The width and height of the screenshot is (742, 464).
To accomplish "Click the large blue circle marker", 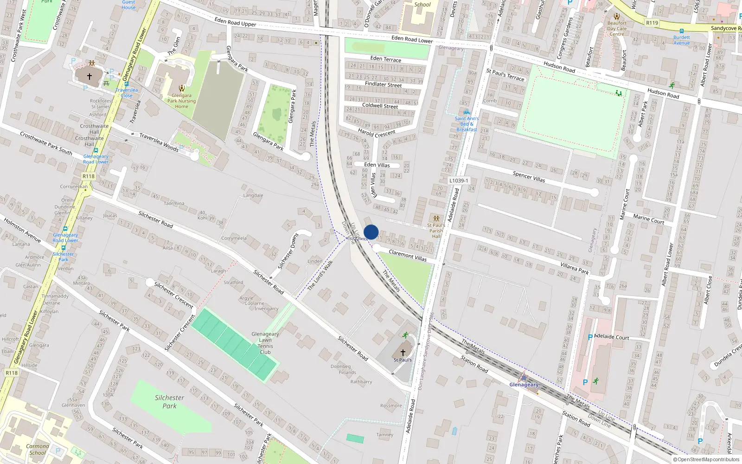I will click(371, 232).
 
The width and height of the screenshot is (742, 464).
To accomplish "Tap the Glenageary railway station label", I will click(524, 385).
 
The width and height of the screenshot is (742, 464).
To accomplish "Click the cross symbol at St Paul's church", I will click(403, 353).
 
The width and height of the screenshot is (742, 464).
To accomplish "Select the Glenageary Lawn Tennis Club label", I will click(265, 343).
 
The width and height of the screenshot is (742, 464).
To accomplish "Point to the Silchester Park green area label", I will click(169, 401).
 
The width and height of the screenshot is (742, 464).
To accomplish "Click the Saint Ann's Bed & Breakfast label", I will click(467, 124).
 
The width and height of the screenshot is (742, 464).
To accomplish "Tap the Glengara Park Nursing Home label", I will click(181, 101).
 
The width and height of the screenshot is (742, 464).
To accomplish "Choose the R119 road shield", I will click(652, 23).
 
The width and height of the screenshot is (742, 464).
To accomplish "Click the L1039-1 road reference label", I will click(459, 180).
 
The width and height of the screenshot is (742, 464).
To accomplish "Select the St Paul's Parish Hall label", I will click(436, 231).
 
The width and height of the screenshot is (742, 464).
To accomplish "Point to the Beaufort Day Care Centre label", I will click(617, 28).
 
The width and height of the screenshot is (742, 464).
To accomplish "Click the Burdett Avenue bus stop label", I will click(682, 40).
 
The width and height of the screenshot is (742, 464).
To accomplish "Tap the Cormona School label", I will click(38, 450).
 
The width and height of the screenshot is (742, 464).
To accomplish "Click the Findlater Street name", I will click(384, 84).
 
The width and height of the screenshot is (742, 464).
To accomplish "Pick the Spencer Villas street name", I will click(529, 176).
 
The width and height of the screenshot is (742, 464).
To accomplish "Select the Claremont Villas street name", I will click(408, 255).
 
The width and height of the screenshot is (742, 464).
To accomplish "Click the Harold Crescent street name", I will click(377, 133).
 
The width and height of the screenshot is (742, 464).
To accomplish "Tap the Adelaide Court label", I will click(611, 337).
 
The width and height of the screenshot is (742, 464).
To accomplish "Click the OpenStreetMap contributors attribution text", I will click(706, 460).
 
